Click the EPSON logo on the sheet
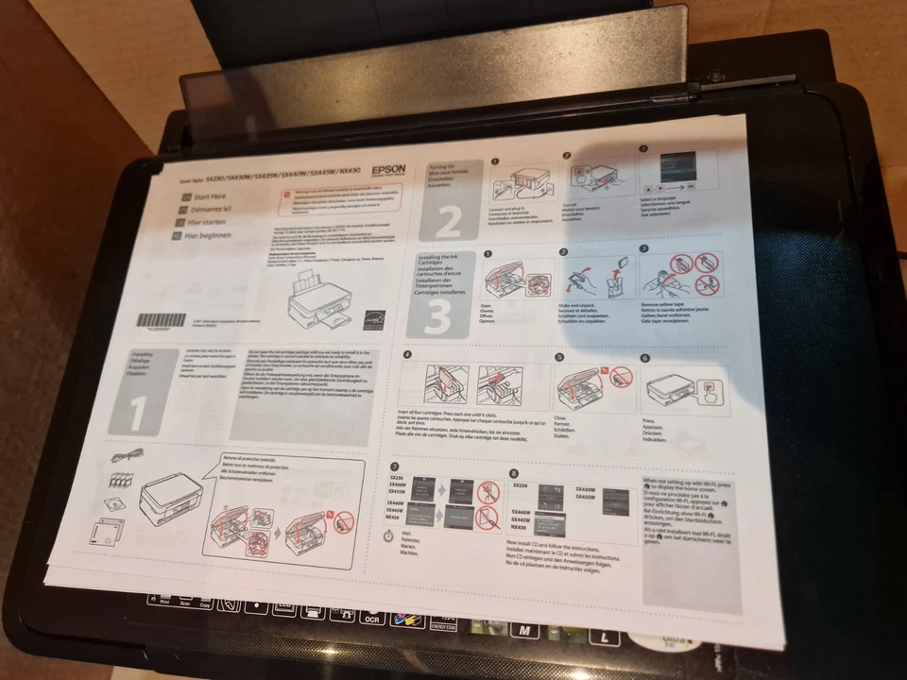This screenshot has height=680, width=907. coord(388,169)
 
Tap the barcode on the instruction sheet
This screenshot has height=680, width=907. coord(162,319)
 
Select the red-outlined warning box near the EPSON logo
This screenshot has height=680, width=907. coord(340,197)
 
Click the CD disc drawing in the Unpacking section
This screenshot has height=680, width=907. coord(108,532)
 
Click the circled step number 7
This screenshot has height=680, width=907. coord(395,467)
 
